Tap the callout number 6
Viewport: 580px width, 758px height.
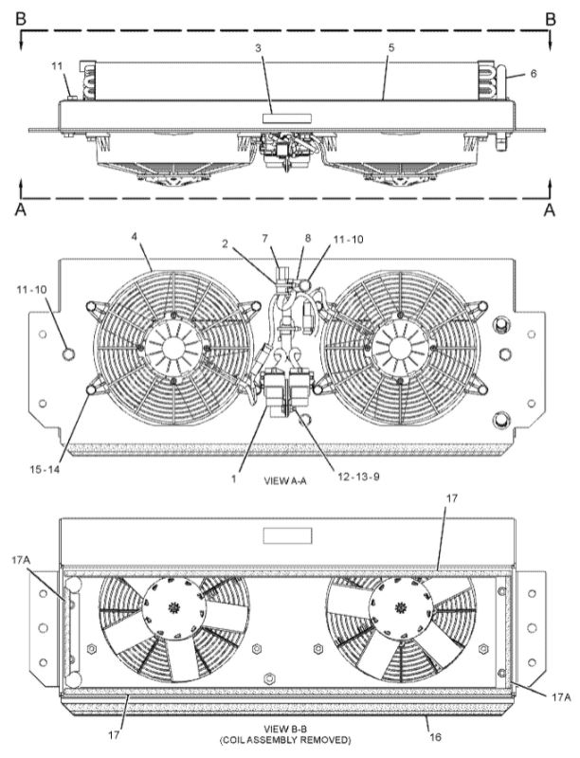coord(534,71)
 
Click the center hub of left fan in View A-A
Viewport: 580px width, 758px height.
coord(173,346)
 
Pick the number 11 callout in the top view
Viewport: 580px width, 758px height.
coord(57,65)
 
